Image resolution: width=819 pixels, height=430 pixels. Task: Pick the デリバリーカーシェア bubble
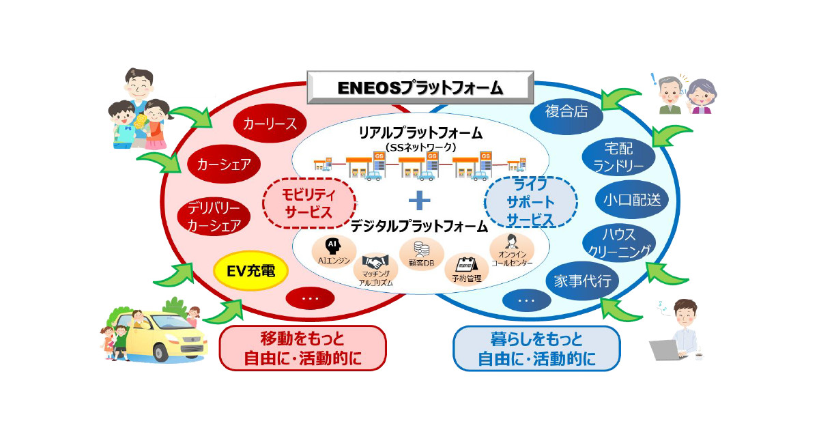(x=214, y=216)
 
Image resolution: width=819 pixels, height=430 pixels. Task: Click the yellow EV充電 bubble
(x=250, y=271)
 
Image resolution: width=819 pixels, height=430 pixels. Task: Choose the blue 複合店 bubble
(x=566, y=111)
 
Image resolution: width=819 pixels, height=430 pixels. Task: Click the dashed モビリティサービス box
(x=309, y=203)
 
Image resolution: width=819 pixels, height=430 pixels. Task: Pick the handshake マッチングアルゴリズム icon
(x=375, y=261)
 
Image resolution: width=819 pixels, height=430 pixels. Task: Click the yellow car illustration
(x=156, y=335)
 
